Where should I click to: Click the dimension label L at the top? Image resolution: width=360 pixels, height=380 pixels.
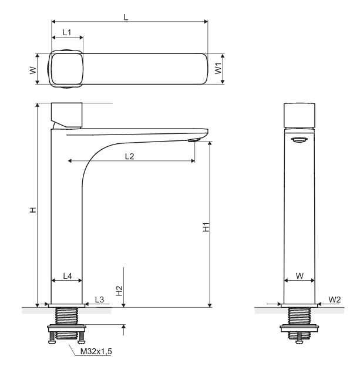(126, 17)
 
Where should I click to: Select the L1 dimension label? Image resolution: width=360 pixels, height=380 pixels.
(67, 32)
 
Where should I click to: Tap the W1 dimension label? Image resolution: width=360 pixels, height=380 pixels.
(218, 68)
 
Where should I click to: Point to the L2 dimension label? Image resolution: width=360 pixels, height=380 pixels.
(130, 156)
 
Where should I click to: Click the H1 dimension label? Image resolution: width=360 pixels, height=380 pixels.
(206, 227)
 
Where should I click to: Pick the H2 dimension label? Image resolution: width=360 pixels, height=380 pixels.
(119, 291)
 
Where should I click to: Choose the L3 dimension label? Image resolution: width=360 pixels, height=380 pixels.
(99, 300)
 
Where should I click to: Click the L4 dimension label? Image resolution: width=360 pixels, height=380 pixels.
(68, 276)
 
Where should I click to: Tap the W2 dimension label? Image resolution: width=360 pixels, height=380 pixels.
(335, 300)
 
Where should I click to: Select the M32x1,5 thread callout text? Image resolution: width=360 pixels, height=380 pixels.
(96, 351)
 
